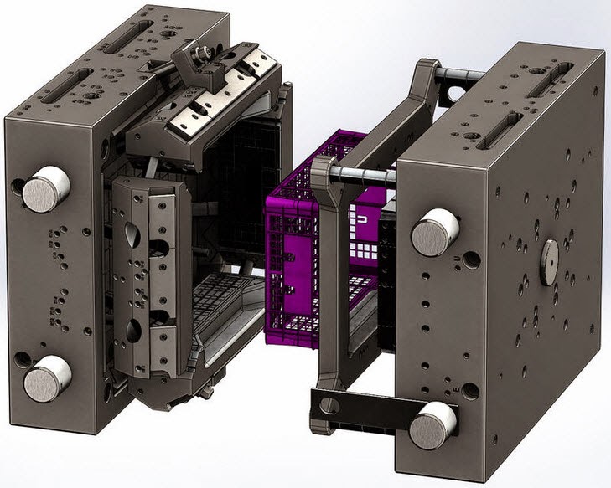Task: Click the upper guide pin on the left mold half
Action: (x=45, y=188)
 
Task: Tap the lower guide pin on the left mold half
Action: (x=47, y=378)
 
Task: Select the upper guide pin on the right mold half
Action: (x=434, y=231)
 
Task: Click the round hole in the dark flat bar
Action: (x=330, y=406)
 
